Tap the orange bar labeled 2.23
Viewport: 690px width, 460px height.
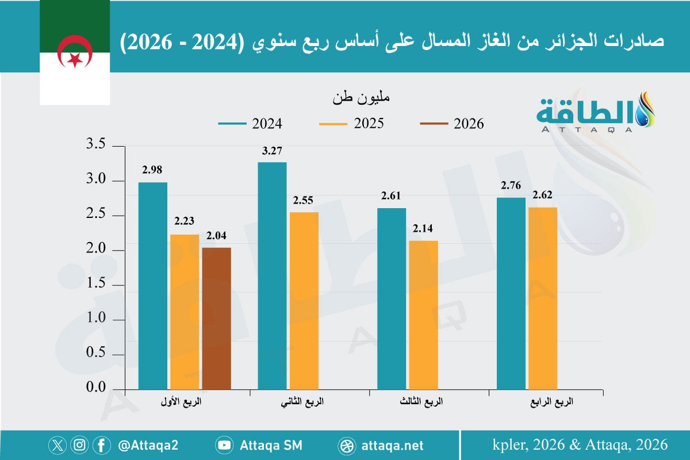(x=185, y=311)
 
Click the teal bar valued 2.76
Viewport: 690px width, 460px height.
(x=511, y=293)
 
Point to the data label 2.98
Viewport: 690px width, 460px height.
(x=153, y=170)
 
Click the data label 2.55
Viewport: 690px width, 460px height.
(x=304, y=201)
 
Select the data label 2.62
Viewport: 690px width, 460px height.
(x=542, y=195)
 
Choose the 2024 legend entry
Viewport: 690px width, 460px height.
(x=250, y=124)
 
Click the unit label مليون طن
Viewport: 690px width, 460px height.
(x=361, y=98)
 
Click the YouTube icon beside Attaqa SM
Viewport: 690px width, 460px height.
(x=224, y=445)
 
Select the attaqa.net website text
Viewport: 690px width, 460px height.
(x=393, y=445)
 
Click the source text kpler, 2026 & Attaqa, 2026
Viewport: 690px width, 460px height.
(x=580, y=444)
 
